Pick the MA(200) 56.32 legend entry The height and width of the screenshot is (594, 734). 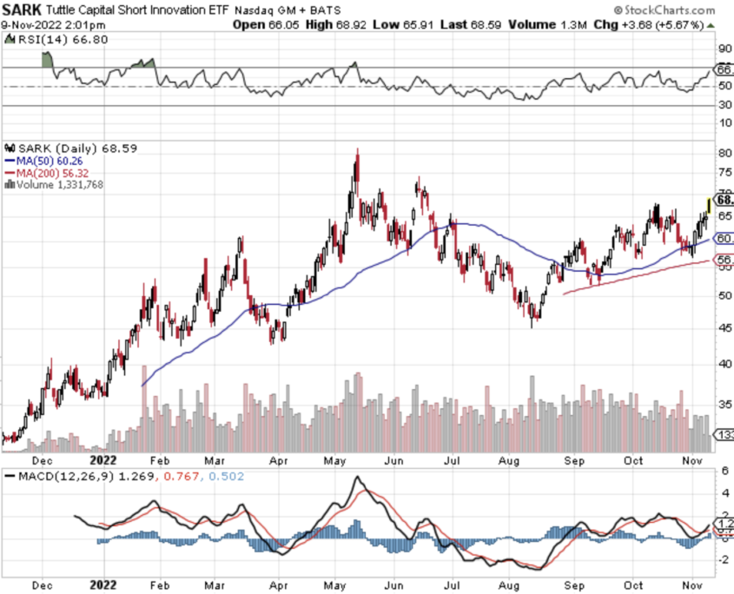[47, 172]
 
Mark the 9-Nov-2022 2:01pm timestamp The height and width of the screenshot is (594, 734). [54, 24]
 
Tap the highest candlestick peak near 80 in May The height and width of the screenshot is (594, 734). [356, 157]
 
